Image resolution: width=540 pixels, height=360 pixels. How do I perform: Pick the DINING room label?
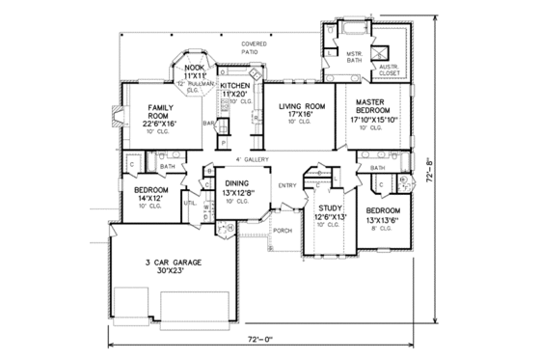236,183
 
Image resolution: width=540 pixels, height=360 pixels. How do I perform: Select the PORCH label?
283,231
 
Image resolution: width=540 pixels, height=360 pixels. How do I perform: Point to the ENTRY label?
287,185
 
